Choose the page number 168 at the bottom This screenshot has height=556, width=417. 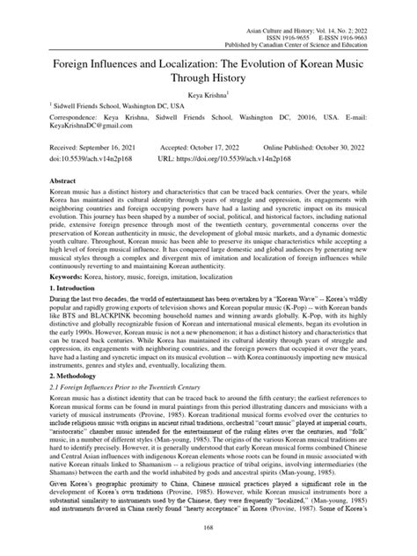[x=208, y=528]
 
